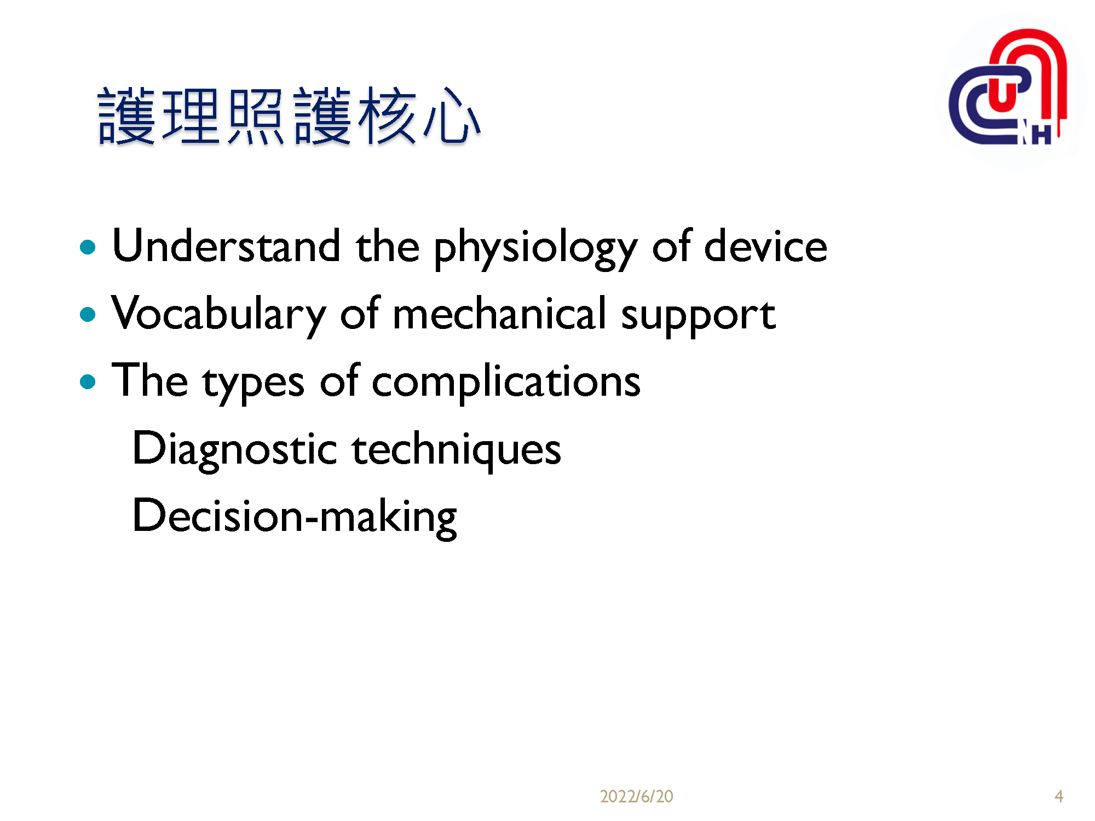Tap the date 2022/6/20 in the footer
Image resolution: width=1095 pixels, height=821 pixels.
pyautogui.click(x=636, y=796)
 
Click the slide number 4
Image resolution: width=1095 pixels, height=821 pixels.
pyautogui.click(x=1058, y=796)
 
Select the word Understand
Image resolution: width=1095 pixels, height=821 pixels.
pyautogui.click(x=226, y=246)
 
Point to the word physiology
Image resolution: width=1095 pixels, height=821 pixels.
pyautogui.click(x=535, y=249)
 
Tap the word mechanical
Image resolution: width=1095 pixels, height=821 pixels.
pyautogui.click(x=499, y=314)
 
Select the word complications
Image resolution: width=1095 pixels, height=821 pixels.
pyautogui.click(x=506, y=381)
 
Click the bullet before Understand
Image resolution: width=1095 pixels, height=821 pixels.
pyautogui.click(x=88, y=247)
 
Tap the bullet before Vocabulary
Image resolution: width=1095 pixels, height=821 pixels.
pyautogui.click(x=88, y=315)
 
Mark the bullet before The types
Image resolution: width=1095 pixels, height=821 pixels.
pyautogui.click(x=88, y=381)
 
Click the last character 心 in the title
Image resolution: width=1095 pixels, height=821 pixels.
pyautogui.click(x=452, y=116)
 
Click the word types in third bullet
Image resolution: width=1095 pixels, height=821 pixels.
pyautogui.click(x=253, y=383)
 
